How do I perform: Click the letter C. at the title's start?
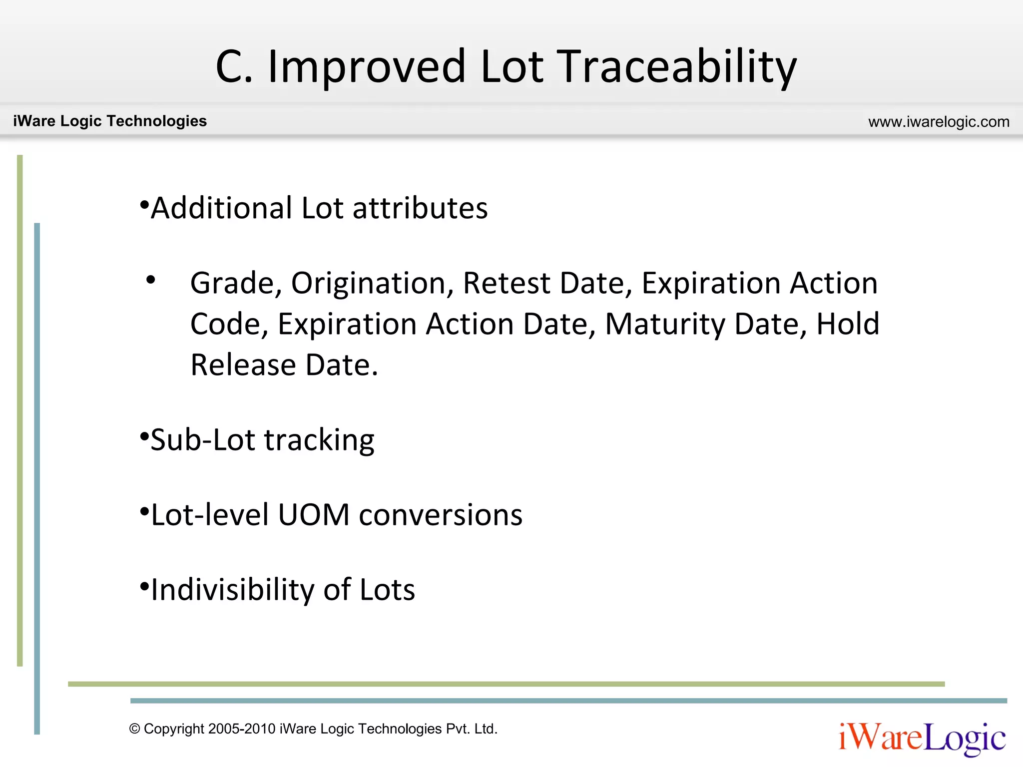[234, 67]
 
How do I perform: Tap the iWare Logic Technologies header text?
[110, 121]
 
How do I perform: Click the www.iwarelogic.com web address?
[939, 122]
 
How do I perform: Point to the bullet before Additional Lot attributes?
[144, 205]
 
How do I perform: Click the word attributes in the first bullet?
[420, 208]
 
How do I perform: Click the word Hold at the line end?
[848, 324]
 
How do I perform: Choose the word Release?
[243, 365]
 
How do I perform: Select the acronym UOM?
[313, 515]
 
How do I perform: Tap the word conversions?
[441, 515]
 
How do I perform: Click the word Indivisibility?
[232, 590]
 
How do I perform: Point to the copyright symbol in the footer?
[134, 729]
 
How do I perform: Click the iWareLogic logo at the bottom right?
[922, 738]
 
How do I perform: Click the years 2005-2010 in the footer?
[242, 729]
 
